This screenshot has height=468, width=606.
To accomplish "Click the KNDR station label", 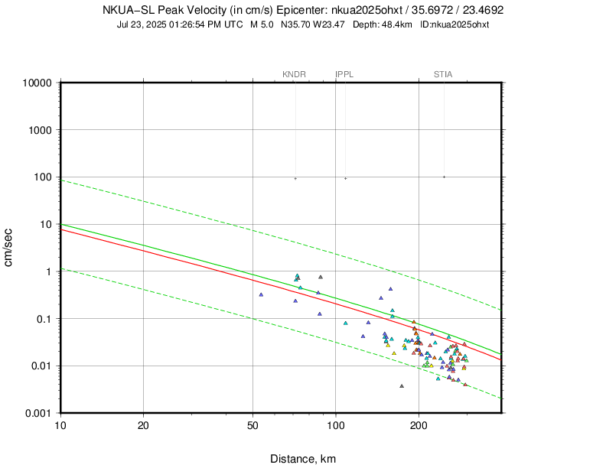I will point(294,74).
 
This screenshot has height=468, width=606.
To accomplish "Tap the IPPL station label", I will point(344,74).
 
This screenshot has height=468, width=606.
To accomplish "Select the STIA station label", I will point(443,74).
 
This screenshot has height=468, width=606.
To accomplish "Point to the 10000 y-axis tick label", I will point(36,83).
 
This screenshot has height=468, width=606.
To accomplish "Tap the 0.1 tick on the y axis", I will point(44,319).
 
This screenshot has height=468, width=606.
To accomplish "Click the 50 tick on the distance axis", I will point(252,424).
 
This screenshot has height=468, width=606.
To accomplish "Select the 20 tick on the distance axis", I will point(143,424).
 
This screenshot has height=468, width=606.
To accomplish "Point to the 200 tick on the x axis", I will point(418,424).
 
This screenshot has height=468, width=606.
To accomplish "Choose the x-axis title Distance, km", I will point(303,459).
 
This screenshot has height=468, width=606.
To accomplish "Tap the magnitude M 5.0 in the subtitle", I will point(264,24).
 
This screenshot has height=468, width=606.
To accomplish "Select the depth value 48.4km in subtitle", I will point(397,24).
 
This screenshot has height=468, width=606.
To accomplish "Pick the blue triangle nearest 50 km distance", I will point(261,294).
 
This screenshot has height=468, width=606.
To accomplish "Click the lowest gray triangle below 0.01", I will point(402,386).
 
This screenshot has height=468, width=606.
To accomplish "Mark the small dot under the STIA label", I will point(444,177).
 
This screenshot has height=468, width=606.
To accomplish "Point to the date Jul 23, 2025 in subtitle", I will point(143,24).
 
